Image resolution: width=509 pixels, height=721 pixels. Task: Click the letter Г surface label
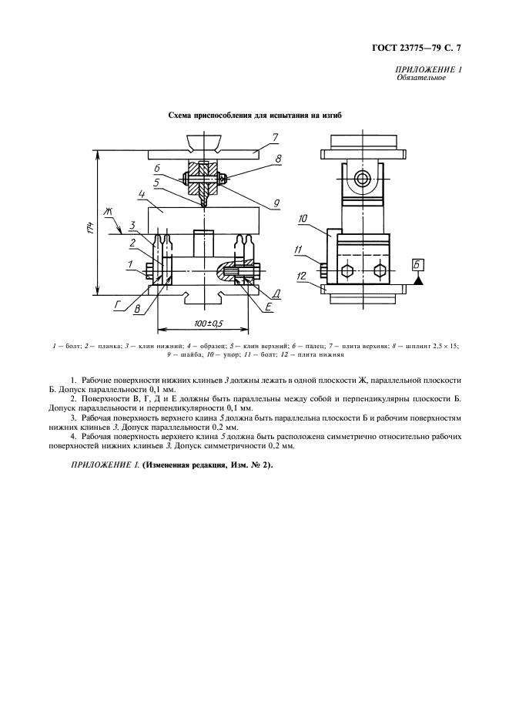click(x=119, y=305)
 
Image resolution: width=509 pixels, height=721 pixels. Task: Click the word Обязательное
click(x=422, y=79)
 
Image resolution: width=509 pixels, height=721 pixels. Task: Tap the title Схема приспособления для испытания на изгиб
click(x=254, y=116)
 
